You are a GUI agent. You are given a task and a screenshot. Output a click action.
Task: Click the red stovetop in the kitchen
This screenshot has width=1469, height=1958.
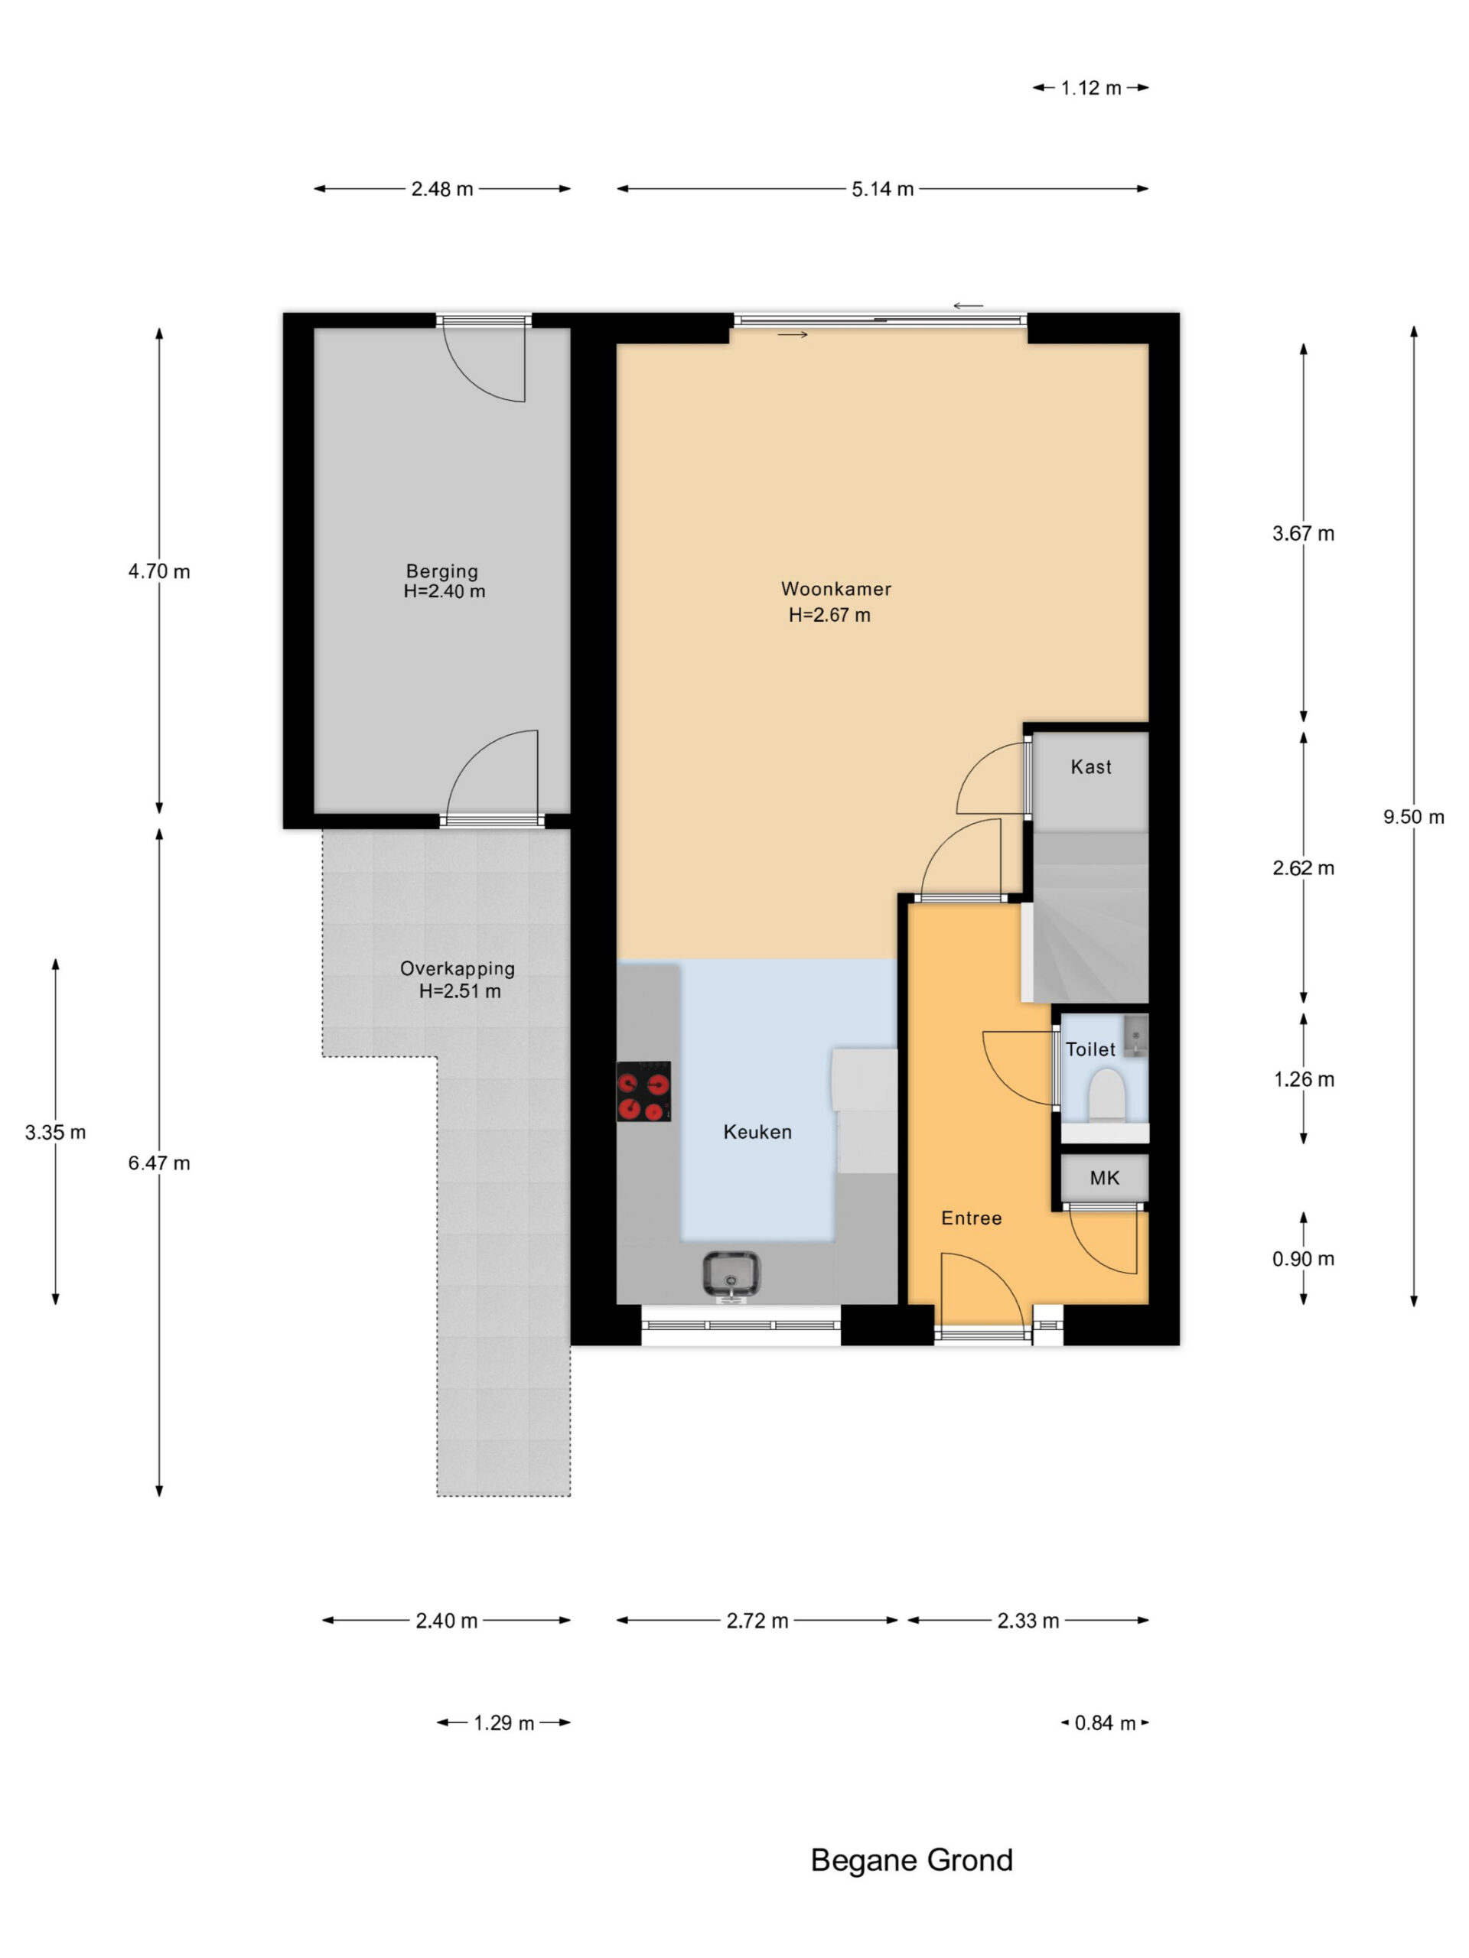coord(643,1091)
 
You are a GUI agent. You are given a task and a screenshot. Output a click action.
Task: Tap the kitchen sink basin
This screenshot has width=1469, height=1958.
coord(731,1275)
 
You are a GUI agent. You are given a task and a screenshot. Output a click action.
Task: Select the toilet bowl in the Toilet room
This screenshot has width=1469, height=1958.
coord(1105,1096)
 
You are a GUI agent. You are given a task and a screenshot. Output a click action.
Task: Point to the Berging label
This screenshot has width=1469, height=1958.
coord(442,571)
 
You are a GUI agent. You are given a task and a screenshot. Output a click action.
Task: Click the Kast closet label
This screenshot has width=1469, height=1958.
coord(1091,766)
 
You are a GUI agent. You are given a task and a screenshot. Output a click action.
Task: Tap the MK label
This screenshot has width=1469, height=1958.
coord(1104,1177)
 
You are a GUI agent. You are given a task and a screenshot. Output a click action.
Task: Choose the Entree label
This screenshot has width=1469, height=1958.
coord(972,1218)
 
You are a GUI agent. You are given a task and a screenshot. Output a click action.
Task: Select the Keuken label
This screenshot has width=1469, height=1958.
coord(757,1131)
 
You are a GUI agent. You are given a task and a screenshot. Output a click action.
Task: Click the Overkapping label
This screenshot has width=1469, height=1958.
coord(457,968)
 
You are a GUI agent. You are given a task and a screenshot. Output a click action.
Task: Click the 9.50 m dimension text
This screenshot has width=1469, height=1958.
coord(1413,817)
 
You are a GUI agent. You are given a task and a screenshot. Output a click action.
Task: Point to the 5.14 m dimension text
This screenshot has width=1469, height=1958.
coord(882,189)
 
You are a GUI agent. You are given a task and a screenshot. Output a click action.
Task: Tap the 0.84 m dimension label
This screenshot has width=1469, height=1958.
coord(1104,1722)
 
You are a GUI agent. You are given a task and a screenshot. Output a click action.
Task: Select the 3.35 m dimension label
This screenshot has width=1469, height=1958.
coord(55,1132)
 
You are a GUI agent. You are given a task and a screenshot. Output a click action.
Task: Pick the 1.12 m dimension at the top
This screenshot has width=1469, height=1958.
coord(1091,88)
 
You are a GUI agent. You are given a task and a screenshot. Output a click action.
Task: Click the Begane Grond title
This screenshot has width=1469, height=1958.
coord(911,1860)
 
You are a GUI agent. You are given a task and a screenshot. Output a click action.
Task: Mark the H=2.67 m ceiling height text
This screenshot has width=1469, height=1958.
coord(829,614)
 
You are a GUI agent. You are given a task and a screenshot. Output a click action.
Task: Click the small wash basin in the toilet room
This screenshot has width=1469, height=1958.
coord(1135,1035)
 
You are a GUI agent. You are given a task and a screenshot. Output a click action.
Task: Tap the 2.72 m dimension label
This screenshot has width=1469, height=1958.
coord(757,1620)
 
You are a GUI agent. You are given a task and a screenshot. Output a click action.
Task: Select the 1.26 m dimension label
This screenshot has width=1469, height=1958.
coord(1304,1079)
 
